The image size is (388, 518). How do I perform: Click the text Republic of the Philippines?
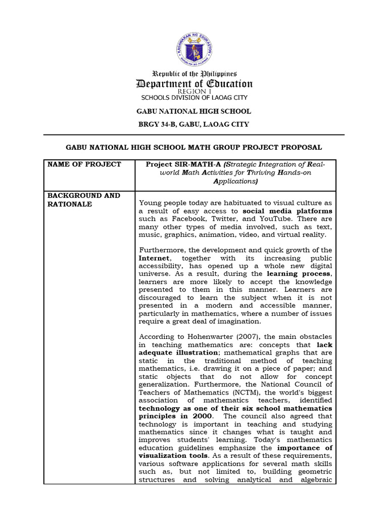pos(194,74)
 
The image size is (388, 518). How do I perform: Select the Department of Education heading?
pos(194,84)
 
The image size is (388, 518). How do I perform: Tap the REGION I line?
pos(194,92)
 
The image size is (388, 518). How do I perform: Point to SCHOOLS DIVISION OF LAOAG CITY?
pos(194,98)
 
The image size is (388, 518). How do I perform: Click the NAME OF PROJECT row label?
pos(84,164)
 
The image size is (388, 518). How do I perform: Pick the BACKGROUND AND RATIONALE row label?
pos(84,199)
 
